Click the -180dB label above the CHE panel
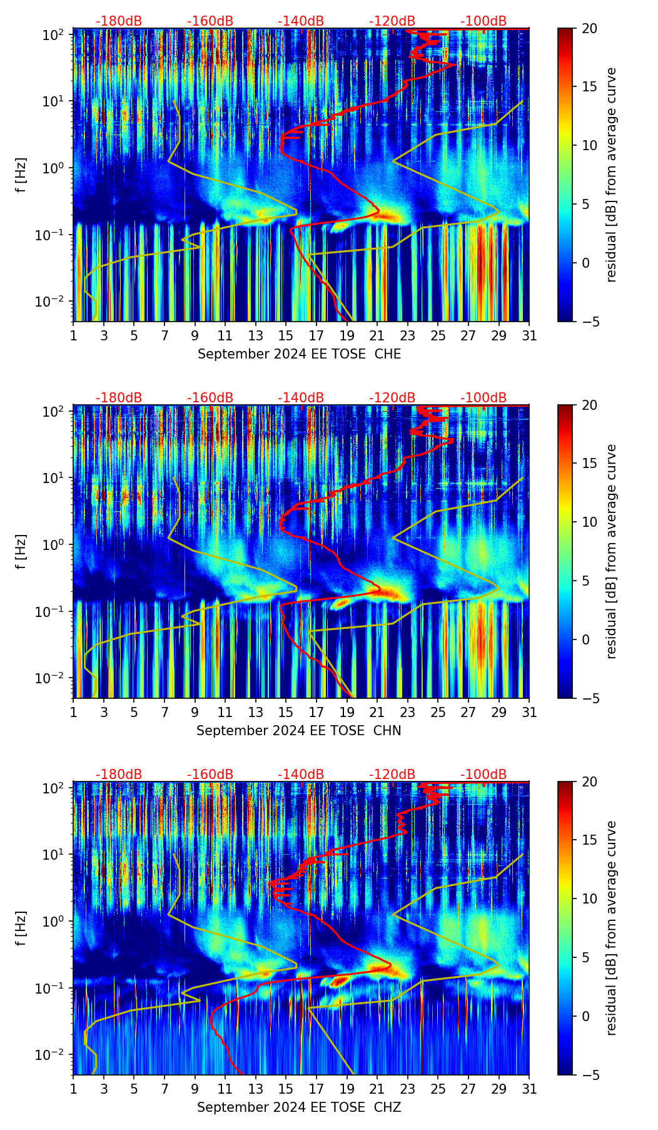(x=119, y=21)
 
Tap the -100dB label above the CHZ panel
(x=483, y=775)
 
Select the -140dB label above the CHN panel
(x=301, y=398)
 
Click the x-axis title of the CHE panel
(x=299, y=354)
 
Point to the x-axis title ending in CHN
(x=299, y=731)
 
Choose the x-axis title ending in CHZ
(x=299, y=1107)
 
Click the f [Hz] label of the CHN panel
(x=21, y=551)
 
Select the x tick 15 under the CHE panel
(x=286, y=335)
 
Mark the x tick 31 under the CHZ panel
(x=529, y=1089)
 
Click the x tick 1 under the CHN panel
(x=74, y=712)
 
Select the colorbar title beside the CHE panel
(x=611, y=175)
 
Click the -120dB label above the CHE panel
(x=392, y=21)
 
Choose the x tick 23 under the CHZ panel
(x=408, y=1089)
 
